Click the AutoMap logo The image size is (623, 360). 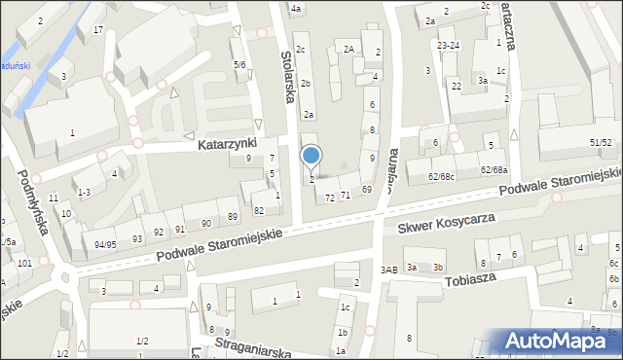point(556,341)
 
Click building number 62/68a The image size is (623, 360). point(494,170)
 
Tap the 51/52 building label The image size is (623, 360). point(601,142)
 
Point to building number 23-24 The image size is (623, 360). point(448,45)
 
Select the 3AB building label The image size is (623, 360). point(389,269)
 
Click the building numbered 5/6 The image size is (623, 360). point(238,64)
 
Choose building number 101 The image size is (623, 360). point(24,263)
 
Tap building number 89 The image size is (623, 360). point(233,216)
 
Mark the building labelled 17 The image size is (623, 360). point(98,29)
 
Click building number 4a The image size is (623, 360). point(296,9)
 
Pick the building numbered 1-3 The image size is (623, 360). point(84,193)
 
